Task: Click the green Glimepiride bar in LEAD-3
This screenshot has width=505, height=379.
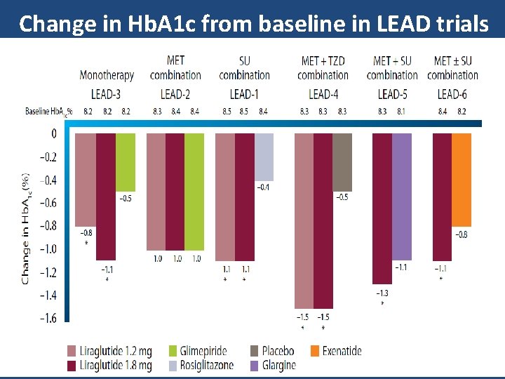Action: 126,162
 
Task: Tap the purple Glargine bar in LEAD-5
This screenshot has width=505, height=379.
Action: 402,197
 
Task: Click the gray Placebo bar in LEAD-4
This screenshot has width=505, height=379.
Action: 342,162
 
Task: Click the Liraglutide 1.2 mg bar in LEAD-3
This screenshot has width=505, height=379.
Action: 85,180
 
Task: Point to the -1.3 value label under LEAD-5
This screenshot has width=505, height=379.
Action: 382,293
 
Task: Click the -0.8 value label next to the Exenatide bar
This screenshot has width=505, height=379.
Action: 462,234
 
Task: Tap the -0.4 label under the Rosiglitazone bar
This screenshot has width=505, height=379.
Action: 263,187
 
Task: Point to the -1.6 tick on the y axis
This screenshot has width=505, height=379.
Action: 47,318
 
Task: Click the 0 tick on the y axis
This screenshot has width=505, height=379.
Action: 53,133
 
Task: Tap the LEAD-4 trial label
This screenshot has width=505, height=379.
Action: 323,93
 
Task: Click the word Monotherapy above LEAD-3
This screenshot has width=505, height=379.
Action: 107,75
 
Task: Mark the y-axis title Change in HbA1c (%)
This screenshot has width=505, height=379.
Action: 25,229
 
